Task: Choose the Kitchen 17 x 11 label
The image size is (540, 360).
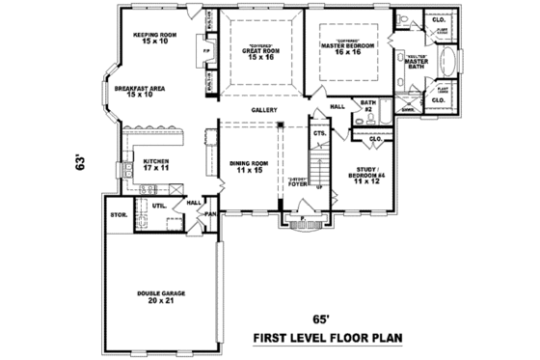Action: click(157, 165)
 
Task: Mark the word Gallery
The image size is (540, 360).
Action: click(265, 110)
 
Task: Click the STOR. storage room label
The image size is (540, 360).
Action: click(118, 214)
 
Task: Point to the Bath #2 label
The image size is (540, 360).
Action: click(367, 105)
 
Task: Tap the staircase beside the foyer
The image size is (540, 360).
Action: click(319, 164)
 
